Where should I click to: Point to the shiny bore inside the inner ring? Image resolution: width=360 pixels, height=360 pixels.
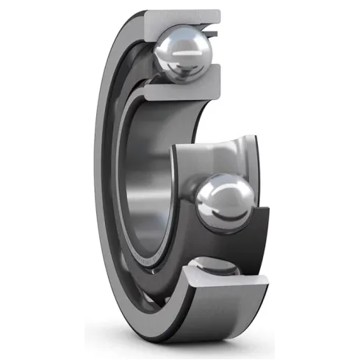coord(151,184)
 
